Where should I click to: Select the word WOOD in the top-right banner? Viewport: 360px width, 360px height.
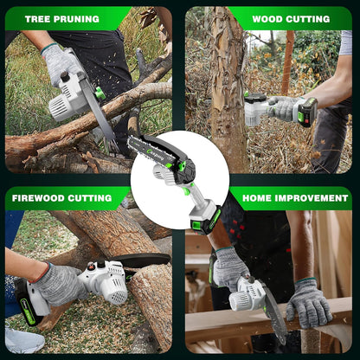point(268,18)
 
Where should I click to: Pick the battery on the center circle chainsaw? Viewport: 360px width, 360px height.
point(206,220)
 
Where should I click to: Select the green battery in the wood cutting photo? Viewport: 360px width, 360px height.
point(306,112)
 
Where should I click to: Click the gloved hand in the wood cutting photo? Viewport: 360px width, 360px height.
point(284,108)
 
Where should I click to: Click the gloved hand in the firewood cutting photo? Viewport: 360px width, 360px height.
point(58,284)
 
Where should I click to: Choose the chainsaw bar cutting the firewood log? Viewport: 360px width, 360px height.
point(143,260)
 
